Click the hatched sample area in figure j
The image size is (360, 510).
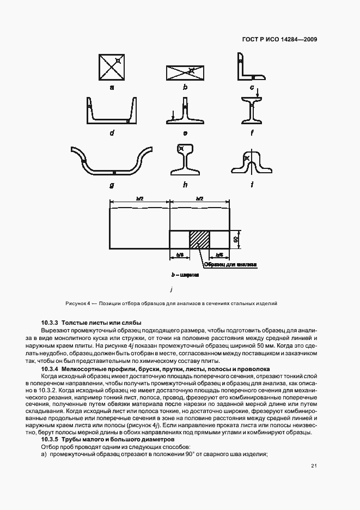199,239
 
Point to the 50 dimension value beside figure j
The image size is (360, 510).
236,239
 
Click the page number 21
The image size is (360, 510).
314,465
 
